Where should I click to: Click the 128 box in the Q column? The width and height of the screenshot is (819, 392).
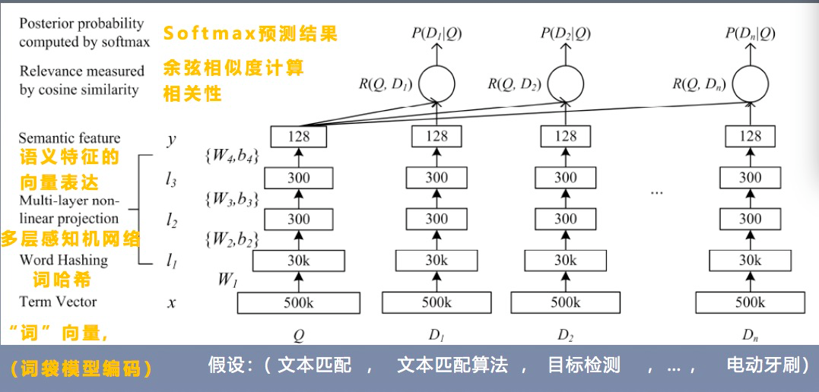pos(299,137)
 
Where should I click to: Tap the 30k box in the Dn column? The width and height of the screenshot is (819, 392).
pos(751,261)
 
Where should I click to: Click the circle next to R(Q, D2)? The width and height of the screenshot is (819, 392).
pos(565,83)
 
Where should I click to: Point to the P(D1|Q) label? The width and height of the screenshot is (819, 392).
pos(436,33)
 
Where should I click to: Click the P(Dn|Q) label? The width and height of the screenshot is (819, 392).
pos(751,33)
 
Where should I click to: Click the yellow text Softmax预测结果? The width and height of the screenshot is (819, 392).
pos(250,34)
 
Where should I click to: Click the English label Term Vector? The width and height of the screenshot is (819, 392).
pos(58,302)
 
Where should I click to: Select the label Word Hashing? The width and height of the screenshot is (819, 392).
pos(63,260)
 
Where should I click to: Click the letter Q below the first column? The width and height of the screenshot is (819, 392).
pos(299,334)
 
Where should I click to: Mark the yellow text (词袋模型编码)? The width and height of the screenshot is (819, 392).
pos(81,369)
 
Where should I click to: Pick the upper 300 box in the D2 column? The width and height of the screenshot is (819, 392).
pos(565,178)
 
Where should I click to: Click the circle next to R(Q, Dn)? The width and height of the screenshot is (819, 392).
pos(751,83)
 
